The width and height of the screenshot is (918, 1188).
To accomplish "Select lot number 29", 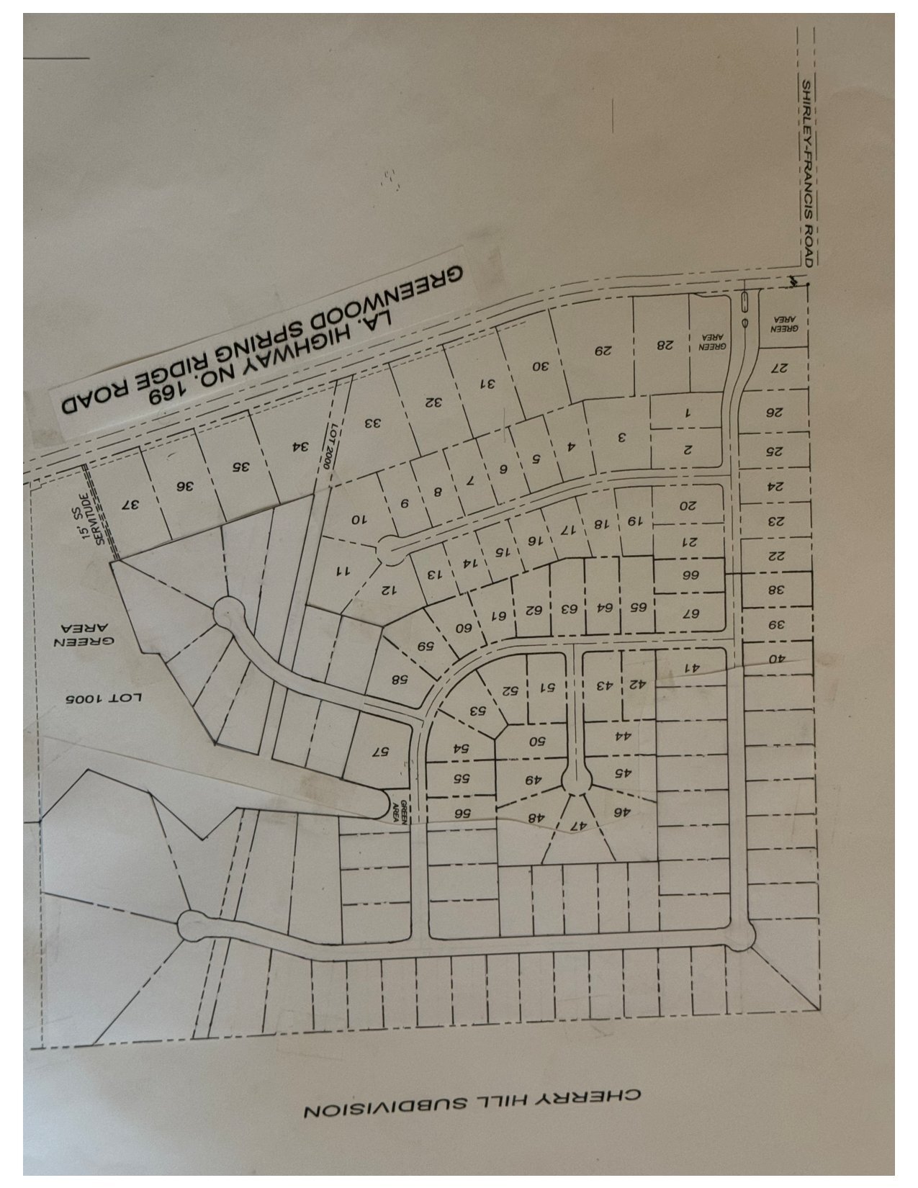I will [x=602, y=351].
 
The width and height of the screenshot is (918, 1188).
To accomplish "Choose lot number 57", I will [x=380, y=751].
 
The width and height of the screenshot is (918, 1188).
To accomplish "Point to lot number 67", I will [x=690, y=613].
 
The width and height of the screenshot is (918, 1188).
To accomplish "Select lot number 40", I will [x=775, y=658].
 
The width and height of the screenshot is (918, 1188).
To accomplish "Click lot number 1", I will [x=687, y=413].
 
